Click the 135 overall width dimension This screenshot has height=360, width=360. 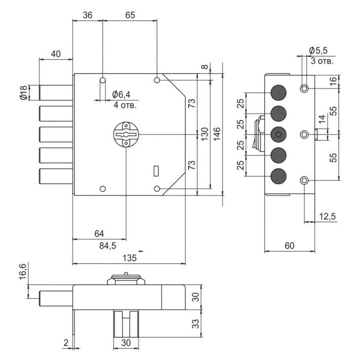coord(129,258)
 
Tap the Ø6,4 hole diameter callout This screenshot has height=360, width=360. coord(120,94)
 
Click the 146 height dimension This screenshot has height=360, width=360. coord(217,133)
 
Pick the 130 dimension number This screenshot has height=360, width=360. coord(204,133)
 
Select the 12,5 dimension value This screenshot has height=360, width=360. coord(328,216)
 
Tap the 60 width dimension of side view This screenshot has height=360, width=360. coord(289,245)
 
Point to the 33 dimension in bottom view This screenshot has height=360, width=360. coord(196,324)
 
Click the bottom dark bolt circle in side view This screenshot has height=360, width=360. coord(279,176)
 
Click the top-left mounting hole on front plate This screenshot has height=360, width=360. coord(102,80)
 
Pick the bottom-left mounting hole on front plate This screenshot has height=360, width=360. coord(103,189)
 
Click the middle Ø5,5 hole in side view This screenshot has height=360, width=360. coord(305,134)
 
